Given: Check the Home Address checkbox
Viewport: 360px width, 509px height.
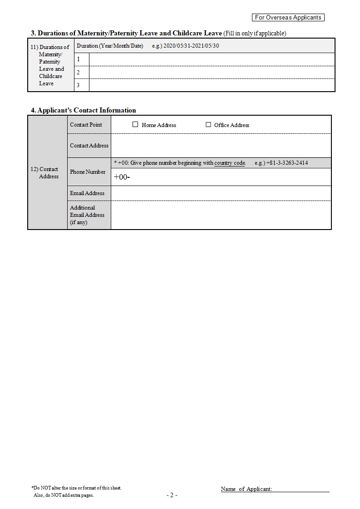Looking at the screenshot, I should tap(135, 125).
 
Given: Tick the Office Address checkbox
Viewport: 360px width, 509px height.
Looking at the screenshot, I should tap(208, 125).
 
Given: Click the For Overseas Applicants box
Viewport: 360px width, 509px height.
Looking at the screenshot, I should tap(288, 18).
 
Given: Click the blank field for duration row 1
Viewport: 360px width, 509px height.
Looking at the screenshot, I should tap(212, 59).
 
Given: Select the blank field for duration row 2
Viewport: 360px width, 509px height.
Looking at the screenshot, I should tap(212, 72).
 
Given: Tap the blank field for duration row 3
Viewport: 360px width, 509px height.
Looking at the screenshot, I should tap(212, 85).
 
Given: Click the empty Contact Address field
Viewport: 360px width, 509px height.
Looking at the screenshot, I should tap(221, 146).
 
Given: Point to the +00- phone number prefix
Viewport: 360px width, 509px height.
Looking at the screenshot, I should tap(122, 177).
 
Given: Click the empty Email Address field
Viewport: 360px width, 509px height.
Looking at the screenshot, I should tap(221, 193).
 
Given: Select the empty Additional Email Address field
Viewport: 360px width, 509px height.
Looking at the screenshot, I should tap(221, 215).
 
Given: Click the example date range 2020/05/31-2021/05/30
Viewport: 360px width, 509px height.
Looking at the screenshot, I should tap(191, 46).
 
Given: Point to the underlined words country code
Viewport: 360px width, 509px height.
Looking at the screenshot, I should tap(230, 163).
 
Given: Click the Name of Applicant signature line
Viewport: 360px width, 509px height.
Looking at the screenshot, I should tap(301, 489).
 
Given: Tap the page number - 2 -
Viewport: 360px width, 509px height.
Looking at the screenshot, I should tap(172, 495).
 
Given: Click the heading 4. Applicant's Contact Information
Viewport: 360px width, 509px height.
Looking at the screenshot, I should tap(83, 110).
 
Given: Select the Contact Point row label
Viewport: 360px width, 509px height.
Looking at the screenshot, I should tap(86, 125).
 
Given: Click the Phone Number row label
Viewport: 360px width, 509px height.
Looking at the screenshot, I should tap(88, 172).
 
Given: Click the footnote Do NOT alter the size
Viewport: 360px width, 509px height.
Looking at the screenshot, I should tap(76, 488).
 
